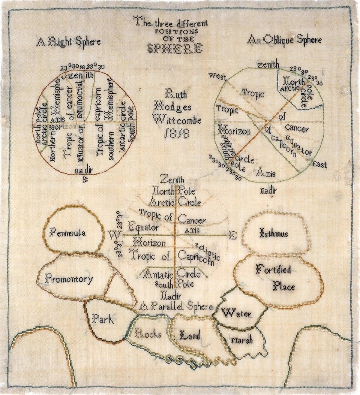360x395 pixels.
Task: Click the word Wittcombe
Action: (177, 120)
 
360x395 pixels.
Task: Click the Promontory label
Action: (69, 278)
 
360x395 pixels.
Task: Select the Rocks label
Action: (148, 333)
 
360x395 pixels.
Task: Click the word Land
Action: (190, 335)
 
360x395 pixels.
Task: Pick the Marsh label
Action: (242, 340)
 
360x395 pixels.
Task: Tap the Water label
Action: (236, 313)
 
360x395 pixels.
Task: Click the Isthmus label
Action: (274, 234)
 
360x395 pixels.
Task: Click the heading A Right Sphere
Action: (69, 41)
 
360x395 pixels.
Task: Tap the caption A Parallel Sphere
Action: (175, 307)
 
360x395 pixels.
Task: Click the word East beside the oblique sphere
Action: (319, 165)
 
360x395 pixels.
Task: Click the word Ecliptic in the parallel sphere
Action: (207, 250)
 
